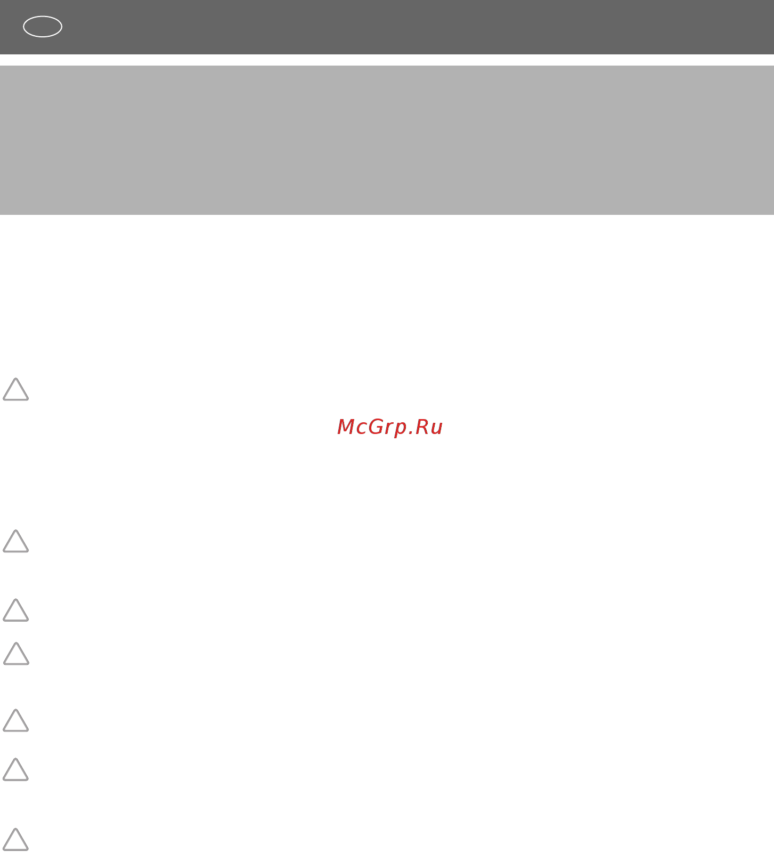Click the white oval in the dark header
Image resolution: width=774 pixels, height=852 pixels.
43,17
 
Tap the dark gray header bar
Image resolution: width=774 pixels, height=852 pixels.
387,27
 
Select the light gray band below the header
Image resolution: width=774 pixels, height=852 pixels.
387,140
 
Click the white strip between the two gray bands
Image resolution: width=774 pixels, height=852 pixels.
387,60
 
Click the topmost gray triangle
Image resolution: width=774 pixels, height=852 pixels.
15,399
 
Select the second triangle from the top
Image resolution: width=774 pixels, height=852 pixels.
15,551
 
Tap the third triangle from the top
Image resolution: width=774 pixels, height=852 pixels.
15,620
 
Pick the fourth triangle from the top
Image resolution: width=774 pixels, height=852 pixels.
16,663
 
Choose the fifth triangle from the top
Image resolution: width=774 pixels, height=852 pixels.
15,730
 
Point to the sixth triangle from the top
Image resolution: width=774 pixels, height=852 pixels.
15,779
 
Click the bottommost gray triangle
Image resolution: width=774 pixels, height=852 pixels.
15,849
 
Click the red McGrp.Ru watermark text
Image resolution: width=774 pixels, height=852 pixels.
390,428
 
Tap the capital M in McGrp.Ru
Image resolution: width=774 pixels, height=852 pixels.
346,427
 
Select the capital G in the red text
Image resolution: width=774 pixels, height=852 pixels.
377,427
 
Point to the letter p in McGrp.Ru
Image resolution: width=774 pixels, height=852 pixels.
401,430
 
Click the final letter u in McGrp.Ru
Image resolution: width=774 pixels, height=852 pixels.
437,429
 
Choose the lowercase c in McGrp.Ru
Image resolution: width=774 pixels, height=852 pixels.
362,429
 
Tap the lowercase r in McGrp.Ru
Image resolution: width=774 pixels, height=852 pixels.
390,429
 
